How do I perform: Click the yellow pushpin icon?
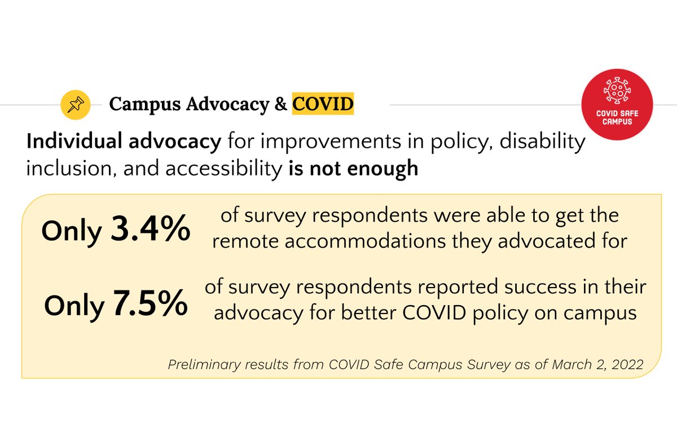tap(75, 104)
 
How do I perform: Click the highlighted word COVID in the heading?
tap(323, 104)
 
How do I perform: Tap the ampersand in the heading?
tap(280, 104)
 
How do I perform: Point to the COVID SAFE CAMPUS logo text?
tap(617, 117)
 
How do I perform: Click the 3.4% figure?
tap(150, 229)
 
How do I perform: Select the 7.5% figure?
tap(150, 303)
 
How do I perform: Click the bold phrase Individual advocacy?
tap(124, 142)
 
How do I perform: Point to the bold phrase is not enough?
tap(353, 168)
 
